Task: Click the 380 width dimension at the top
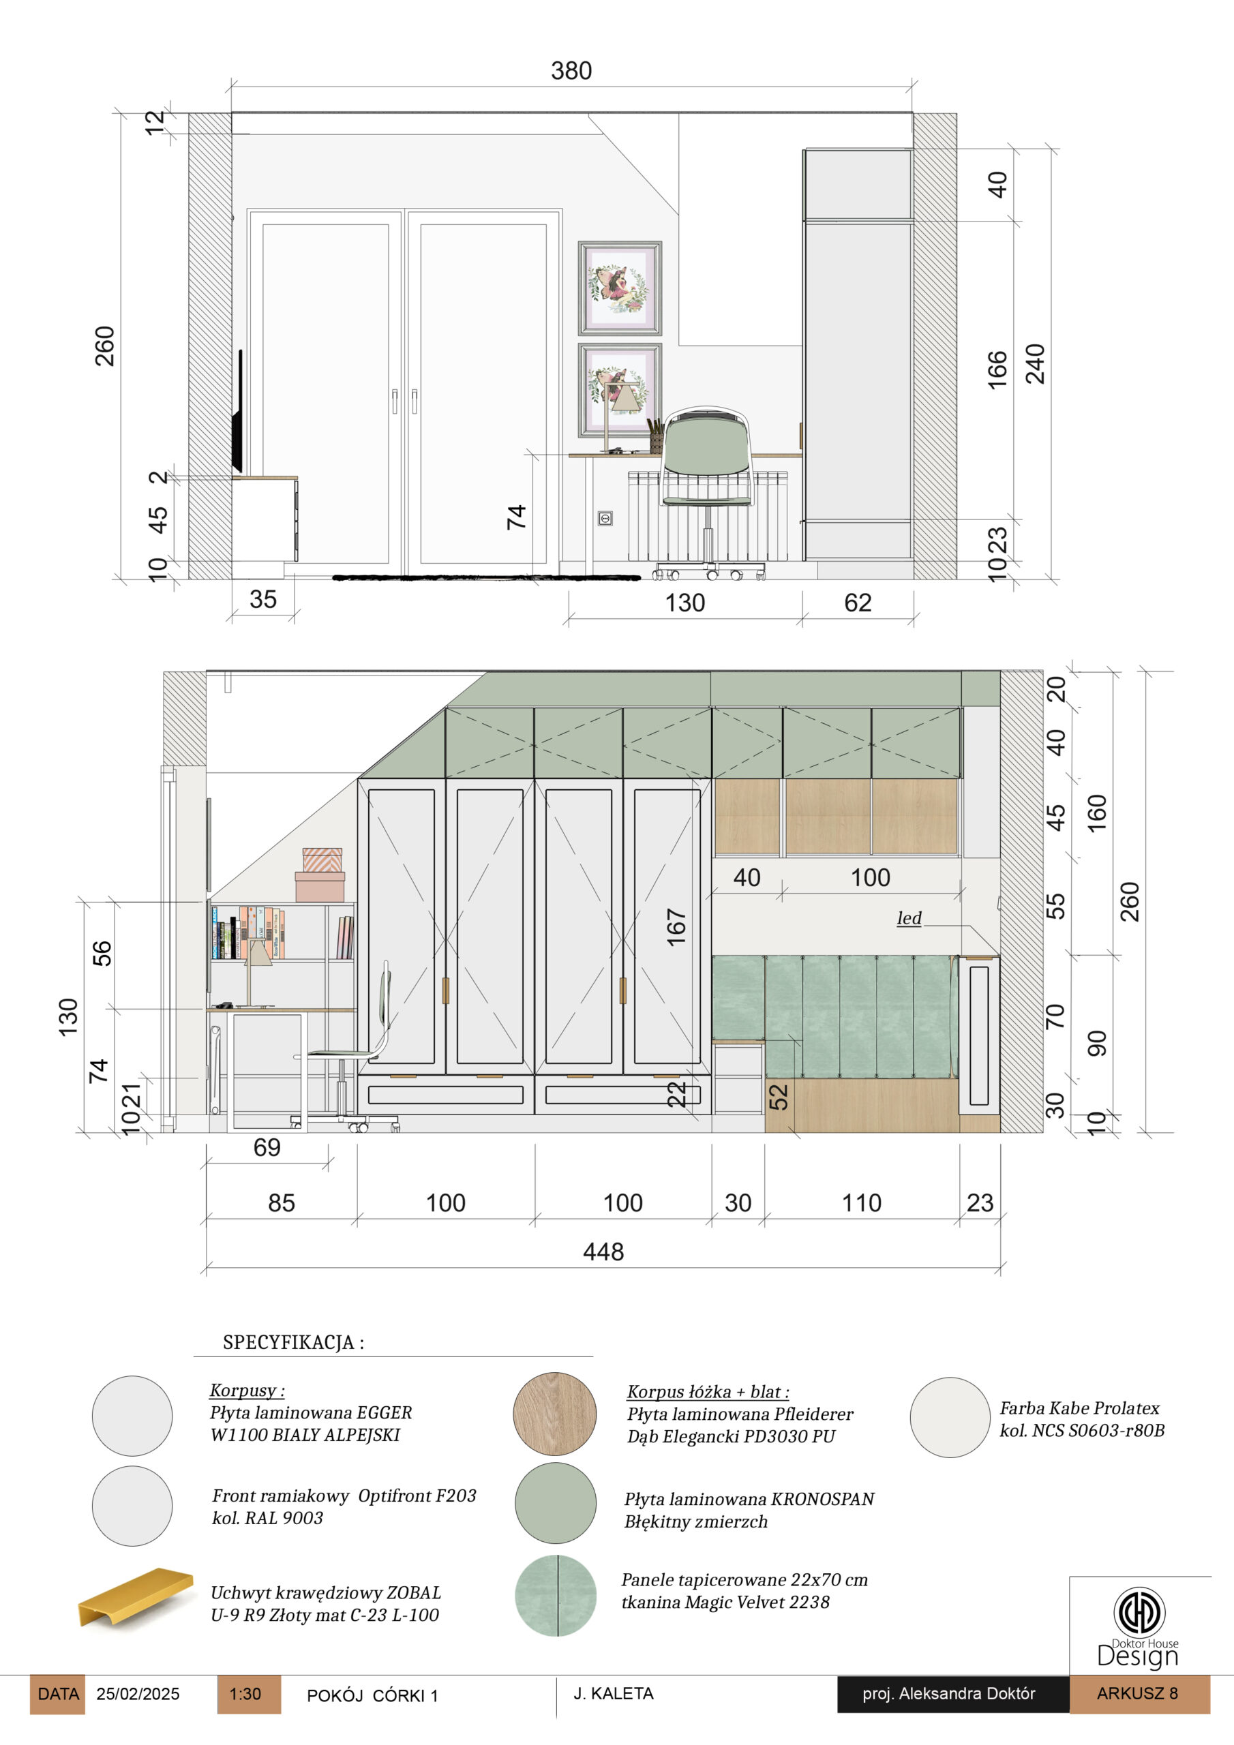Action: pos(571,71)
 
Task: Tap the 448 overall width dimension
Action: pos(603,1251)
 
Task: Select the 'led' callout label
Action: pos(909,918)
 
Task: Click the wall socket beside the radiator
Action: pos(605,518)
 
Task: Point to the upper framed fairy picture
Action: pos(620,288)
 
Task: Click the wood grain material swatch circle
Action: pos(554,1414)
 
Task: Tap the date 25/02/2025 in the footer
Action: pos(138,1694)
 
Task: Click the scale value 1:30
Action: pos(245,1694)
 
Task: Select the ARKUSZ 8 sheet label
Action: pos(1137,1693)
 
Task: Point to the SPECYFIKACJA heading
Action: pos(293,1342)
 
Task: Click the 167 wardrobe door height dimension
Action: pos(676,927)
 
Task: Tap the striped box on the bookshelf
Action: pos(322,860)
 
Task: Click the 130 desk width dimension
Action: pos(685,603)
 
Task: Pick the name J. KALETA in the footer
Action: pos(614,1693)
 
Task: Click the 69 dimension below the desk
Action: pos(267,1147)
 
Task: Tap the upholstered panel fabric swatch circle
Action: pos(556,1595)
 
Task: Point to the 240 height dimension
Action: pos(1035,363)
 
